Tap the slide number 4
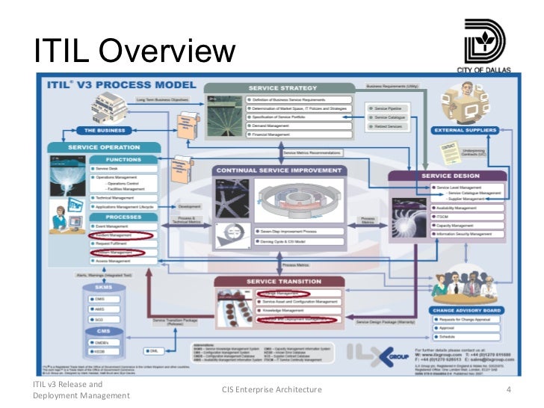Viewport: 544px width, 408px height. (508, 389)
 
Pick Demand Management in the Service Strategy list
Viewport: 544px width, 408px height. (271, 126)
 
